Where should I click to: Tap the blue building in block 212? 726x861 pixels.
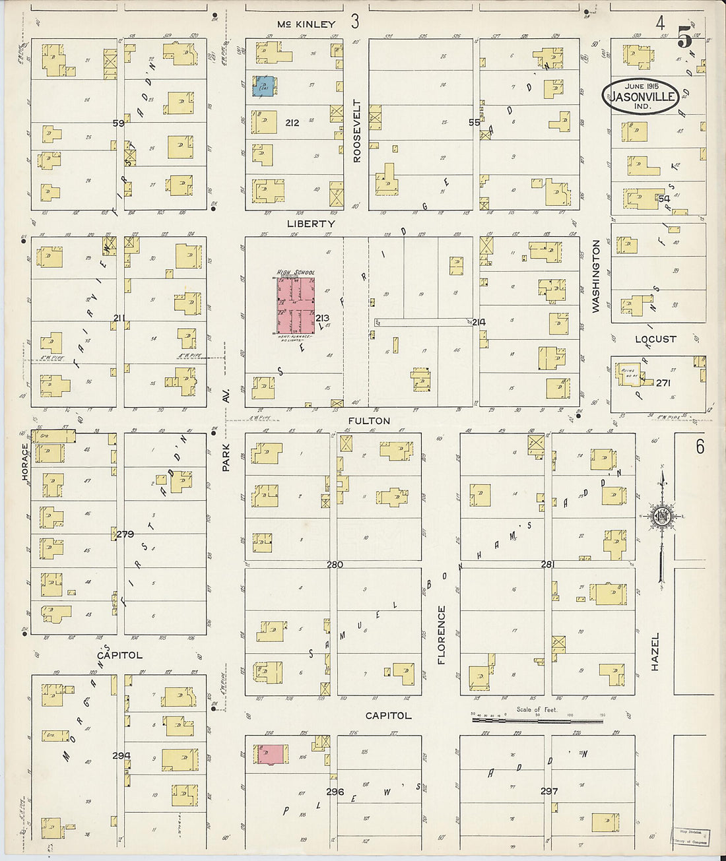pos(264,86)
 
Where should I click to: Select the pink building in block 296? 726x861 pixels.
pos(271,755)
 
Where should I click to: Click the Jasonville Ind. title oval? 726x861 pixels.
pos(640,96)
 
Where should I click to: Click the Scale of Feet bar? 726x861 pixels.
pos(537,720)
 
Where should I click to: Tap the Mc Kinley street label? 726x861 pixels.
pos(306,24)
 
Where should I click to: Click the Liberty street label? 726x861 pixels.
pos(311,224)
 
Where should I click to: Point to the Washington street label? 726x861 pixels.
pos(596,276)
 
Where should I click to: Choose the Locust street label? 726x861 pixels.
pos(655,339)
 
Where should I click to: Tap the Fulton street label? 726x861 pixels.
pos(369,420)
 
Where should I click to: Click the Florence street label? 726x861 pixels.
pos(442,634)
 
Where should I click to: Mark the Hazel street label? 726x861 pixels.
pos(655,651)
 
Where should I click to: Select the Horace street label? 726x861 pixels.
pos(26,461)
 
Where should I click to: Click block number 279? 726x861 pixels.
pos(125,534)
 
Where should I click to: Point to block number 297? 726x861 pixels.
pos(549,791)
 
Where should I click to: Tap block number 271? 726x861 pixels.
pos(663,383)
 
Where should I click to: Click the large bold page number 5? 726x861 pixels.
pos(684,39)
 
